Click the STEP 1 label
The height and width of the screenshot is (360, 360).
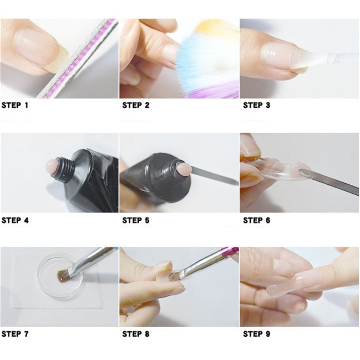(15, 105)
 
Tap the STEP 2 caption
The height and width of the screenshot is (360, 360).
(136, 105)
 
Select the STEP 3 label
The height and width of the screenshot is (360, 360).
(257, 105)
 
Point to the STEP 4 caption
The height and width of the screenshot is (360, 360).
(15, 220)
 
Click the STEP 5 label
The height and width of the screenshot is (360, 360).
(136, 220)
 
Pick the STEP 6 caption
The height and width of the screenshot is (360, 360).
(257, 220)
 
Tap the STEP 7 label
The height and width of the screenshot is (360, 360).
(15, 334)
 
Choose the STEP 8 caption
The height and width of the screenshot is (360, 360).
(136, 334)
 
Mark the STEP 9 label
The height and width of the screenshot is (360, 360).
(257, 334)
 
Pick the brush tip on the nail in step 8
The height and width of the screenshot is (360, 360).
(174, 277)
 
